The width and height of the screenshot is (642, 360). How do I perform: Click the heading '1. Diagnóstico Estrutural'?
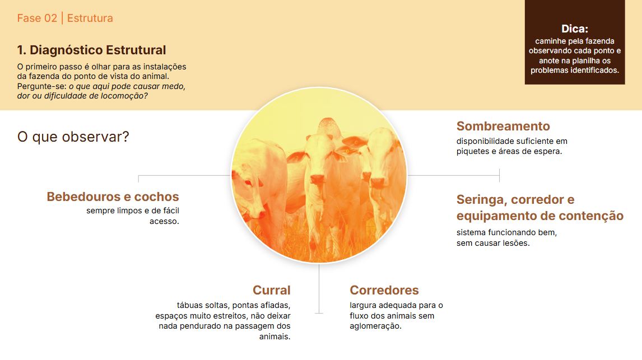(x=91, y=50)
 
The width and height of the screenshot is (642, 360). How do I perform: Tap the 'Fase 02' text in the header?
(x=37, y=18)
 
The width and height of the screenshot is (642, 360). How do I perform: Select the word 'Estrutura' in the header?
(x=90, y=18)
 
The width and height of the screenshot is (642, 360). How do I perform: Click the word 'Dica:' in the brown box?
(x=575, y=29)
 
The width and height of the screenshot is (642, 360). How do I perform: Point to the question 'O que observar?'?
(x=73, y=137)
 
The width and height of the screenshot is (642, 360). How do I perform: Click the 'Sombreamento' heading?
(x=503, y=126)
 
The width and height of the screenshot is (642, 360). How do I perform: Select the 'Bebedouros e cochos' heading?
(x=113, y=197)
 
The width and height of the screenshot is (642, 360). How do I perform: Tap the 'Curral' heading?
(x=272, y=290)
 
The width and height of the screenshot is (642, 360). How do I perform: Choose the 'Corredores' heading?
(x=384, y=290)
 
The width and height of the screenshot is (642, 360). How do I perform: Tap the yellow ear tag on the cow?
(x=347, y=150)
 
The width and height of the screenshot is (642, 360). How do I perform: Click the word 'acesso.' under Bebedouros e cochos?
(x=164, y=221)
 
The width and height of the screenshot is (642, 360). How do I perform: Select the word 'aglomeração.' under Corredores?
(x=376, y=326)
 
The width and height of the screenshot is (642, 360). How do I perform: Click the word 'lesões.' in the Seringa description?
(x=515, y=243)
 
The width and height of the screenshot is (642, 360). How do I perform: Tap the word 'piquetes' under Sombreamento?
(x=472, y=151)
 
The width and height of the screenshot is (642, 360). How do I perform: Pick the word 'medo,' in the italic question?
(x=173, y=87)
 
